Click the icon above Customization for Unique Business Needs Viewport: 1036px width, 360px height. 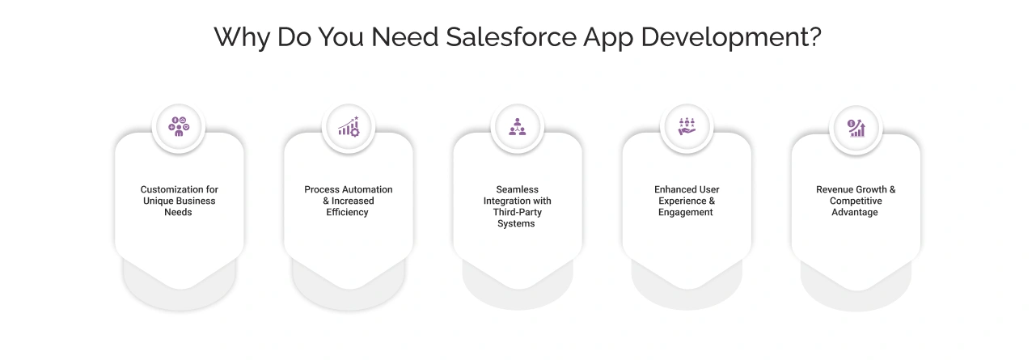[x=179, y=127]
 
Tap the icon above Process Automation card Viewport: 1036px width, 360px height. [x=349, y=127]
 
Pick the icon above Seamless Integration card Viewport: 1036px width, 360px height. [x=518, y=127]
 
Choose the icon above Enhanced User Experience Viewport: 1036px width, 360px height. [x=687, y=127]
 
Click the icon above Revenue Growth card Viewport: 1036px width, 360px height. [x=856, y=127]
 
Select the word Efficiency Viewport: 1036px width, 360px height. [x=348, y=213]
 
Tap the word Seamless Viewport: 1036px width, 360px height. [x=518, y=190]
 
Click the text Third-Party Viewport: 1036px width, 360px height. [x=518, y=213]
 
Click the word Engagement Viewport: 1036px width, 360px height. [x=686, y=213]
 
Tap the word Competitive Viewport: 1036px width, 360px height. [x=856, y=201]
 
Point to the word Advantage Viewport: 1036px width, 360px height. [x=855, y=213]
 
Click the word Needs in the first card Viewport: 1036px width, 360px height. [x=179, y=213]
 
